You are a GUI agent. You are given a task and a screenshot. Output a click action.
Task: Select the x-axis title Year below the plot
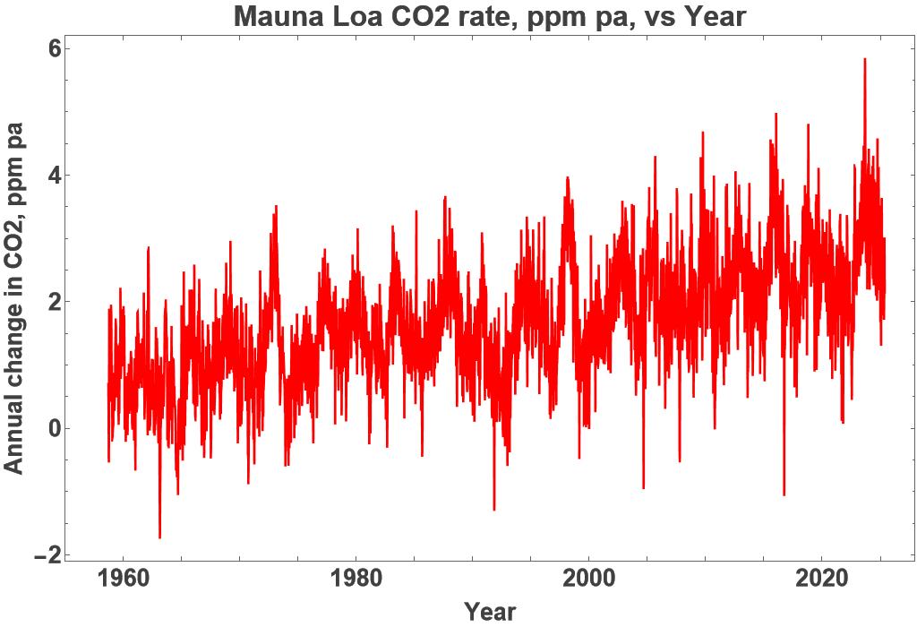click(x=490, y=612)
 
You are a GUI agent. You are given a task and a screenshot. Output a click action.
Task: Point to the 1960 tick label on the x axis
click(x=122, y=576)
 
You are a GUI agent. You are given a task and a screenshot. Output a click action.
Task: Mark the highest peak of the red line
click(x=864, y=59)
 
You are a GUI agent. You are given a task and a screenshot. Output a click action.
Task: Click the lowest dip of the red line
click(x=159, y=537)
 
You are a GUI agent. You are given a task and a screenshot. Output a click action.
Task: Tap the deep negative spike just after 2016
click(x=784, y=494)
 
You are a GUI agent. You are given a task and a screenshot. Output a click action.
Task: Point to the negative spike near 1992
click(x=494, y=510)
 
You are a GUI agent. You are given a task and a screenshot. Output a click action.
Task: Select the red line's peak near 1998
click(x=567, y=178)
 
